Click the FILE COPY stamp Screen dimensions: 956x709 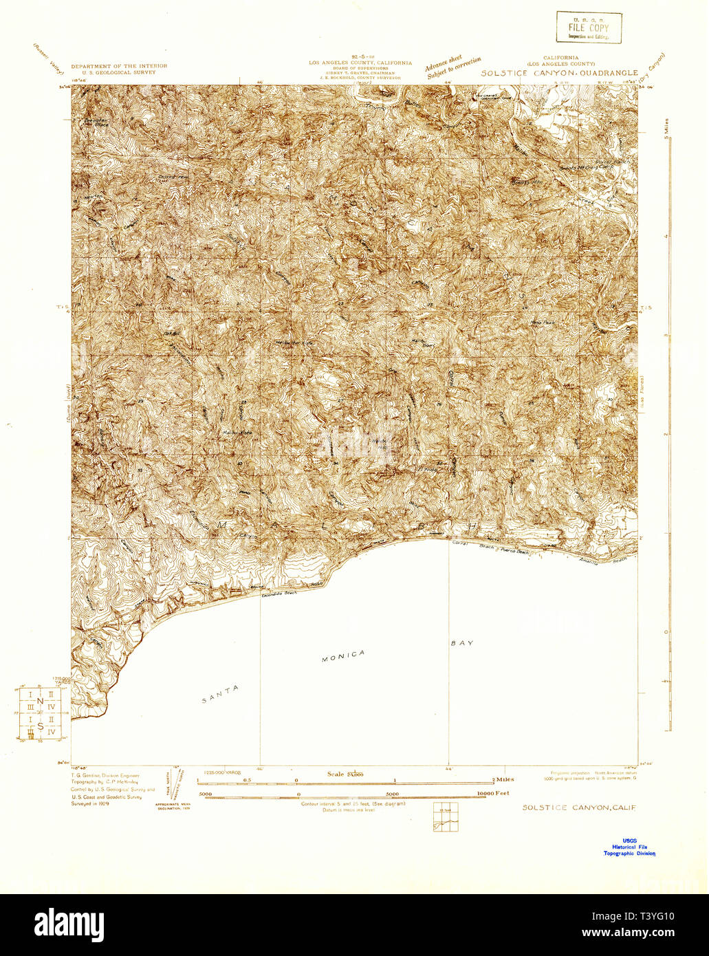pyautogui.click(x=589, y=28)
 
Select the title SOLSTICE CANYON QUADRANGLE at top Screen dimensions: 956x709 pyautogui.click(x=559, y=72)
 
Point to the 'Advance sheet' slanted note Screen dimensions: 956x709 pyautogui.click(x=444, y=63)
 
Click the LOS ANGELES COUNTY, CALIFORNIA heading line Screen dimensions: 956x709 pyautogui.click(x=360, y=63)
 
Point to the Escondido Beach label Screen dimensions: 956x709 pyautogui.click(x=279, y=592)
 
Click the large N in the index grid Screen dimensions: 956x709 pyautogui.click(x=41, y=702)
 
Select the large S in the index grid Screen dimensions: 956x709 pyautogui.click(x=40, y=726)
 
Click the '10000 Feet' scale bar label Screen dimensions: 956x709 pyautogui.click(x=493, y=793)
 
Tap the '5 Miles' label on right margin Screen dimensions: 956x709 pyautogui.click(x=666, y=128)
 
